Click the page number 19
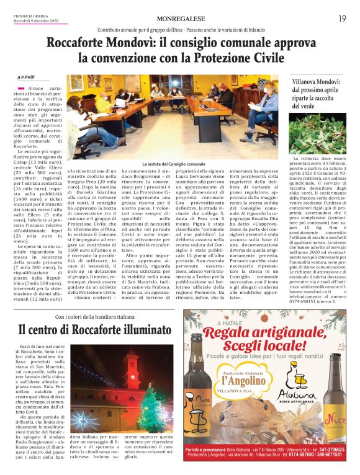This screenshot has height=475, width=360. coord(341,19)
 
